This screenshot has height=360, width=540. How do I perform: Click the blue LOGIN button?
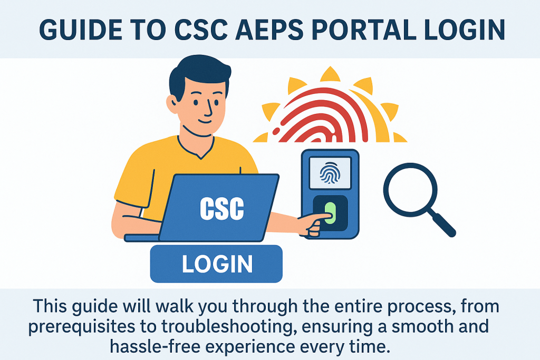pyautogui.click(x=216, y=264)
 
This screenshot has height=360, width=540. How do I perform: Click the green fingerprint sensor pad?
pyautogui.click(x=330, y=212)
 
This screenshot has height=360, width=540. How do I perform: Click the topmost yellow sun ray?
pyautogui.click(x=330, y=75)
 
